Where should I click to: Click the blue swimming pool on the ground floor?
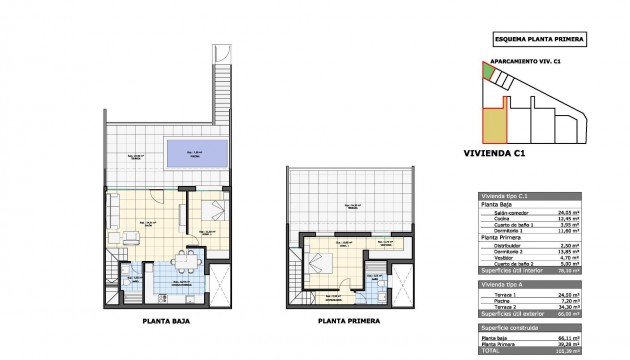tap(194, 155)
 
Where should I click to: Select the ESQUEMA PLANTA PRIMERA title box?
tap(539, 40)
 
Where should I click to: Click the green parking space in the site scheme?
tap(487, 72)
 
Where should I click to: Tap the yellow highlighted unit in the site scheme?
tap(494, 125)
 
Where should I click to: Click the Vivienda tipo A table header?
tap(505, 285)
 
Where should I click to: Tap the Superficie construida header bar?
tap(511, 327)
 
